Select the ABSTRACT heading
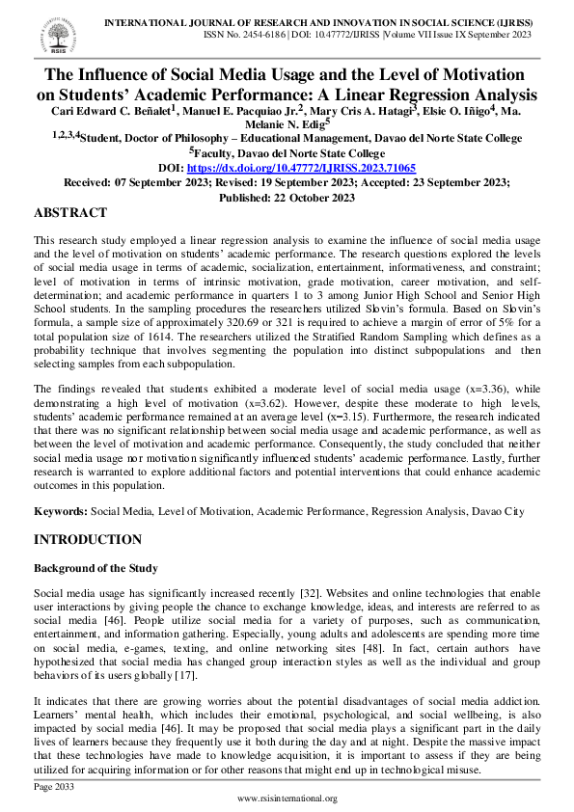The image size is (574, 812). [70, 212]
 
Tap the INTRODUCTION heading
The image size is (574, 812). [88, 539]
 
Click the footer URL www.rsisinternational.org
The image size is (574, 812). [287, 799]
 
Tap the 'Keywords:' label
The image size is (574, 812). [61, 511]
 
